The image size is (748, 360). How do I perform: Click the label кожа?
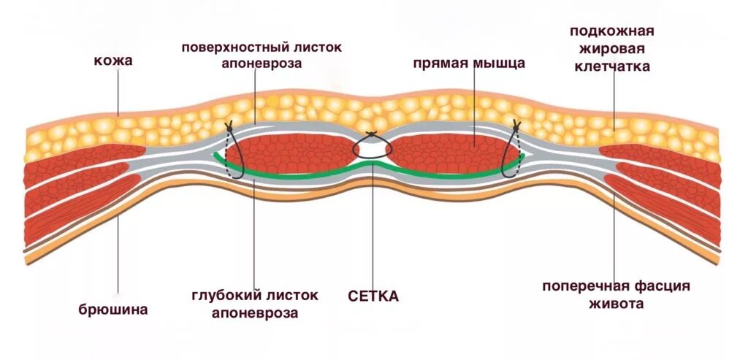[x=112, y=61]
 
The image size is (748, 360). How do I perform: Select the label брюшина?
[x=113, y=309]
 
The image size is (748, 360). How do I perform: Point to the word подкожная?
[x=611, y=31]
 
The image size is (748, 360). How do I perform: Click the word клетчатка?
[x=611, y=67]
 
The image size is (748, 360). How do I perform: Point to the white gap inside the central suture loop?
[x=373, y=149]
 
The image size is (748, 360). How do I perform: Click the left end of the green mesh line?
[x=215, y=155]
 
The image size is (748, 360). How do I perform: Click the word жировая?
[x=611, y=49]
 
